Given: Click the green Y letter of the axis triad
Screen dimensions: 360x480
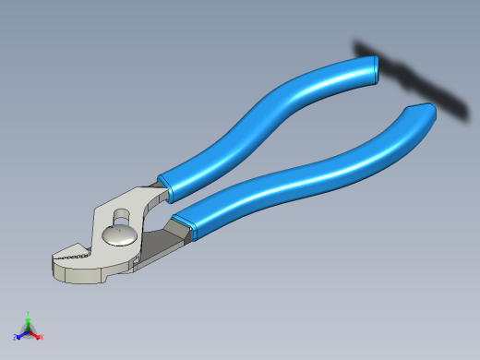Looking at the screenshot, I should click(x=29, y=313).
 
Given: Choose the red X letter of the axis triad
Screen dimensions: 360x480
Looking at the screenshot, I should click(x=41, y=337).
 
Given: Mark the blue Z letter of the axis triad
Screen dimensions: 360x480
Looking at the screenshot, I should click(x=16, y=338).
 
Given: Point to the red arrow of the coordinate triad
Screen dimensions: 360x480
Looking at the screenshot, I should click(x=35, y=334).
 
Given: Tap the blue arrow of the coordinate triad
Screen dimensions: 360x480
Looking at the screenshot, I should click(x=21, y=334).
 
